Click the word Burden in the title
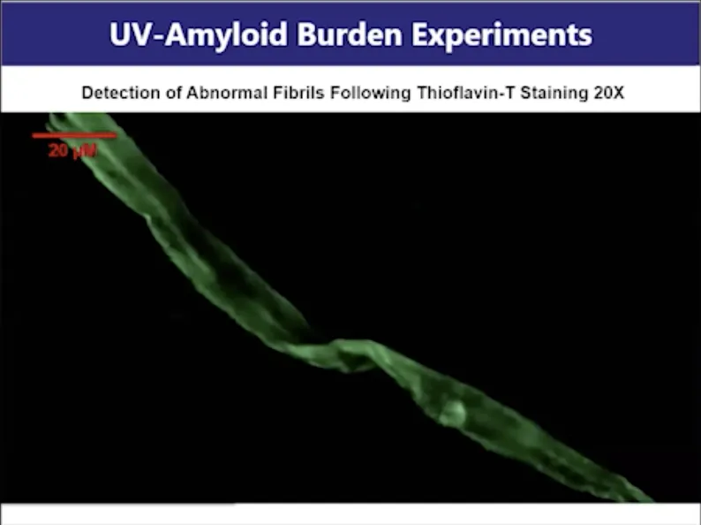tap(349, 34)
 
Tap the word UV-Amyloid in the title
tap(198, 34)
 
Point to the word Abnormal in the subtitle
tap(227, 93)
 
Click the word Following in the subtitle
tap(370, 93)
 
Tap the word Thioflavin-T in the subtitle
tap(465, 93)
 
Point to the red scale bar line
tap(74, 135)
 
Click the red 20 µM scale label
tap(72, 151)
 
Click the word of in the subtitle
tap(173, 93)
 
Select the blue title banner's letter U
tap(119, 34)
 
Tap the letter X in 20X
tap(618, 93)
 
